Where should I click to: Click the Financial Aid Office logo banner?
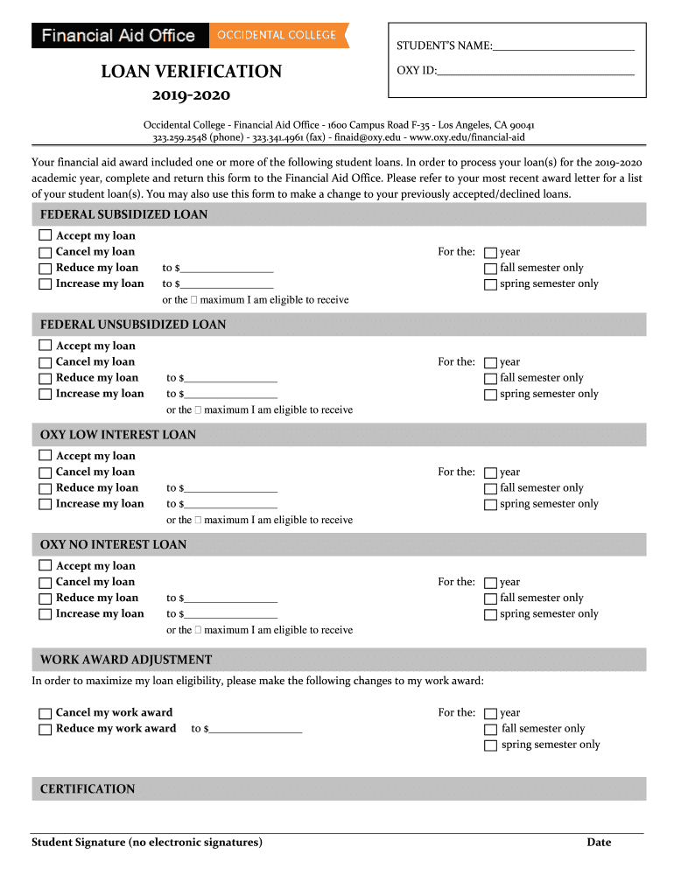[120, 36]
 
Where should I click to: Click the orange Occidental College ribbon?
[278, 36]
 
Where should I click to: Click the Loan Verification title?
[191, 72]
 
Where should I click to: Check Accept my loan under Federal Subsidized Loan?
[45, 235]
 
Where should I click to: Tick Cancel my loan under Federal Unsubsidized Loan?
[45, 361]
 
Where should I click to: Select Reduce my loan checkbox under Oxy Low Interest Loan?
[45, 487]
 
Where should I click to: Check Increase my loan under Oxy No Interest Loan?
[45, 613]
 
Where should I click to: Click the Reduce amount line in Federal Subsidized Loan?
[227, 269]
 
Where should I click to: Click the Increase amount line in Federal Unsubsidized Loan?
[230, 395]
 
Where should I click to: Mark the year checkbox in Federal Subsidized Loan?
[490, 252]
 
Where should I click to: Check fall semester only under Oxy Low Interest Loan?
[490, 488]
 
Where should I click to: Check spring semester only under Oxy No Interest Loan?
[490, 614]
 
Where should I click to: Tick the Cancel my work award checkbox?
[45, 712]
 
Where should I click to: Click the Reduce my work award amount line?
[255, 729]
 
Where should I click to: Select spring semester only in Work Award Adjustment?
[490, 745]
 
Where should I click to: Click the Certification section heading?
[88, 789]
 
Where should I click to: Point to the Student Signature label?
[146, 843]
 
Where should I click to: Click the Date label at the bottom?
[599, 843]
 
